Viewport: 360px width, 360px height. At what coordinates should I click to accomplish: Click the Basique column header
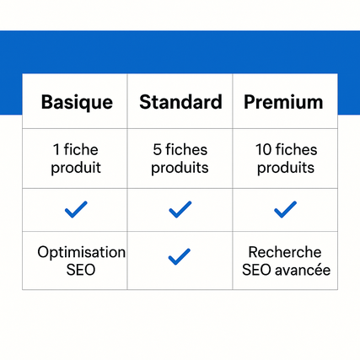tap(77, 103)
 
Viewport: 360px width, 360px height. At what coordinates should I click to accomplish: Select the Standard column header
tap(180, 102)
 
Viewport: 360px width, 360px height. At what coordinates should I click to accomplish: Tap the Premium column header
tap(283, 102)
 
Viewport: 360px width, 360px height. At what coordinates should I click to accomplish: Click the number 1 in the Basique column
tap(56, 149)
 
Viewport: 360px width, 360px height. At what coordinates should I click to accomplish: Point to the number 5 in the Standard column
tap(158, 149)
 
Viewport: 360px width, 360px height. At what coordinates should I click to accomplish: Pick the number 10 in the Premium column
tap(263, 149)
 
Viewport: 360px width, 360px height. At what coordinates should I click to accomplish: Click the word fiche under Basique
tap(81, 149)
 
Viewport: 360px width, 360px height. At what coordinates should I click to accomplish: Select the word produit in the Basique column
tap(76, 168)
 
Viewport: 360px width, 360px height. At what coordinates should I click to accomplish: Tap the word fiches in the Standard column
tap(186, 149)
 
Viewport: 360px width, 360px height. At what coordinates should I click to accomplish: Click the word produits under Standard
tap(180, 168)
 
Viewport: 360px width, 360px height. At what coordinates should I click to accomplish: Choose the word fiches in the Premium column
tap(296, 149)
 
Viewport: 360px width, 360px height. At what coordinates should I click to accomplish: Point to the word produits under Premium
tap(286, 168)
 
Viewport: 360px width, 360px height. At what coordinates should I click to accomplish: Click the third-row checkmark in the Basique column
tap(76, 210)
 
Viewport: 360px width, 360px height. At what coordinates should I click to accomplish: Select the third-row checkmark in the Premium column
tap(285, 210)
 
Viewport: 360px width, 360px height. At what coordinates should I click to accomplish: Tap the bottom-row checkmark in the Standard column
tap(180, 256)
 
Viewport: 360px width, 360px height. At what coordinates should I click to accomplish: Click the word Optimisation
tap(82, 252)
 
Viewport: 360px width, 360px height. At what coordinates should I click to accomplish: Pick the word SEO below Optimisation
tap(81, 270)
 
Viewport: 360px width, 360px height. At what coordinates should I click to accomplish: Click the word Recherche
tap(285, 252)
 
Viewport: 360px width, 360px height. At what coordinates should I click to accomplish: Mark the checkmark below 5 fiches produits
tap(180, 210)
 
